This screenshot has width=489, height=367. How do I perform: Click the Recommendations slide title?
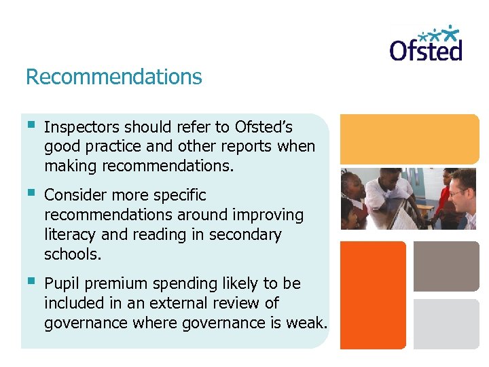pyautogui.click(x=113, y=77)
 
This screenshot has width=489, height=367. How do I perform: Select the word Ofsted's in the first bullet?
pyautogui.click(x=264, y=127)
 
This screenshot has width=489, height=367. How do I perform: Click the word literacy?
pyautogui.click(x=69, y=235)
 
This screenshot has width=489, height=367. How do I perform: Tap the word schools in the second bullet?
pyautogui.click(x=71, y=255)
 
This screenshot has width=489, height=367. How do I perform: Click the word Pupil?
pyautogui.click(x=60, y=283)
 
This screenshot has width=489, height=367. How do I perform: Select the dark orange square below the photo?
pyautogui.click(x=372, y=295)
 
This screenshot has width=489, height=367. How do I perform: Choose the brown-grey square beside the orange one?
pyautogui.click(x=446, y=266)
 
